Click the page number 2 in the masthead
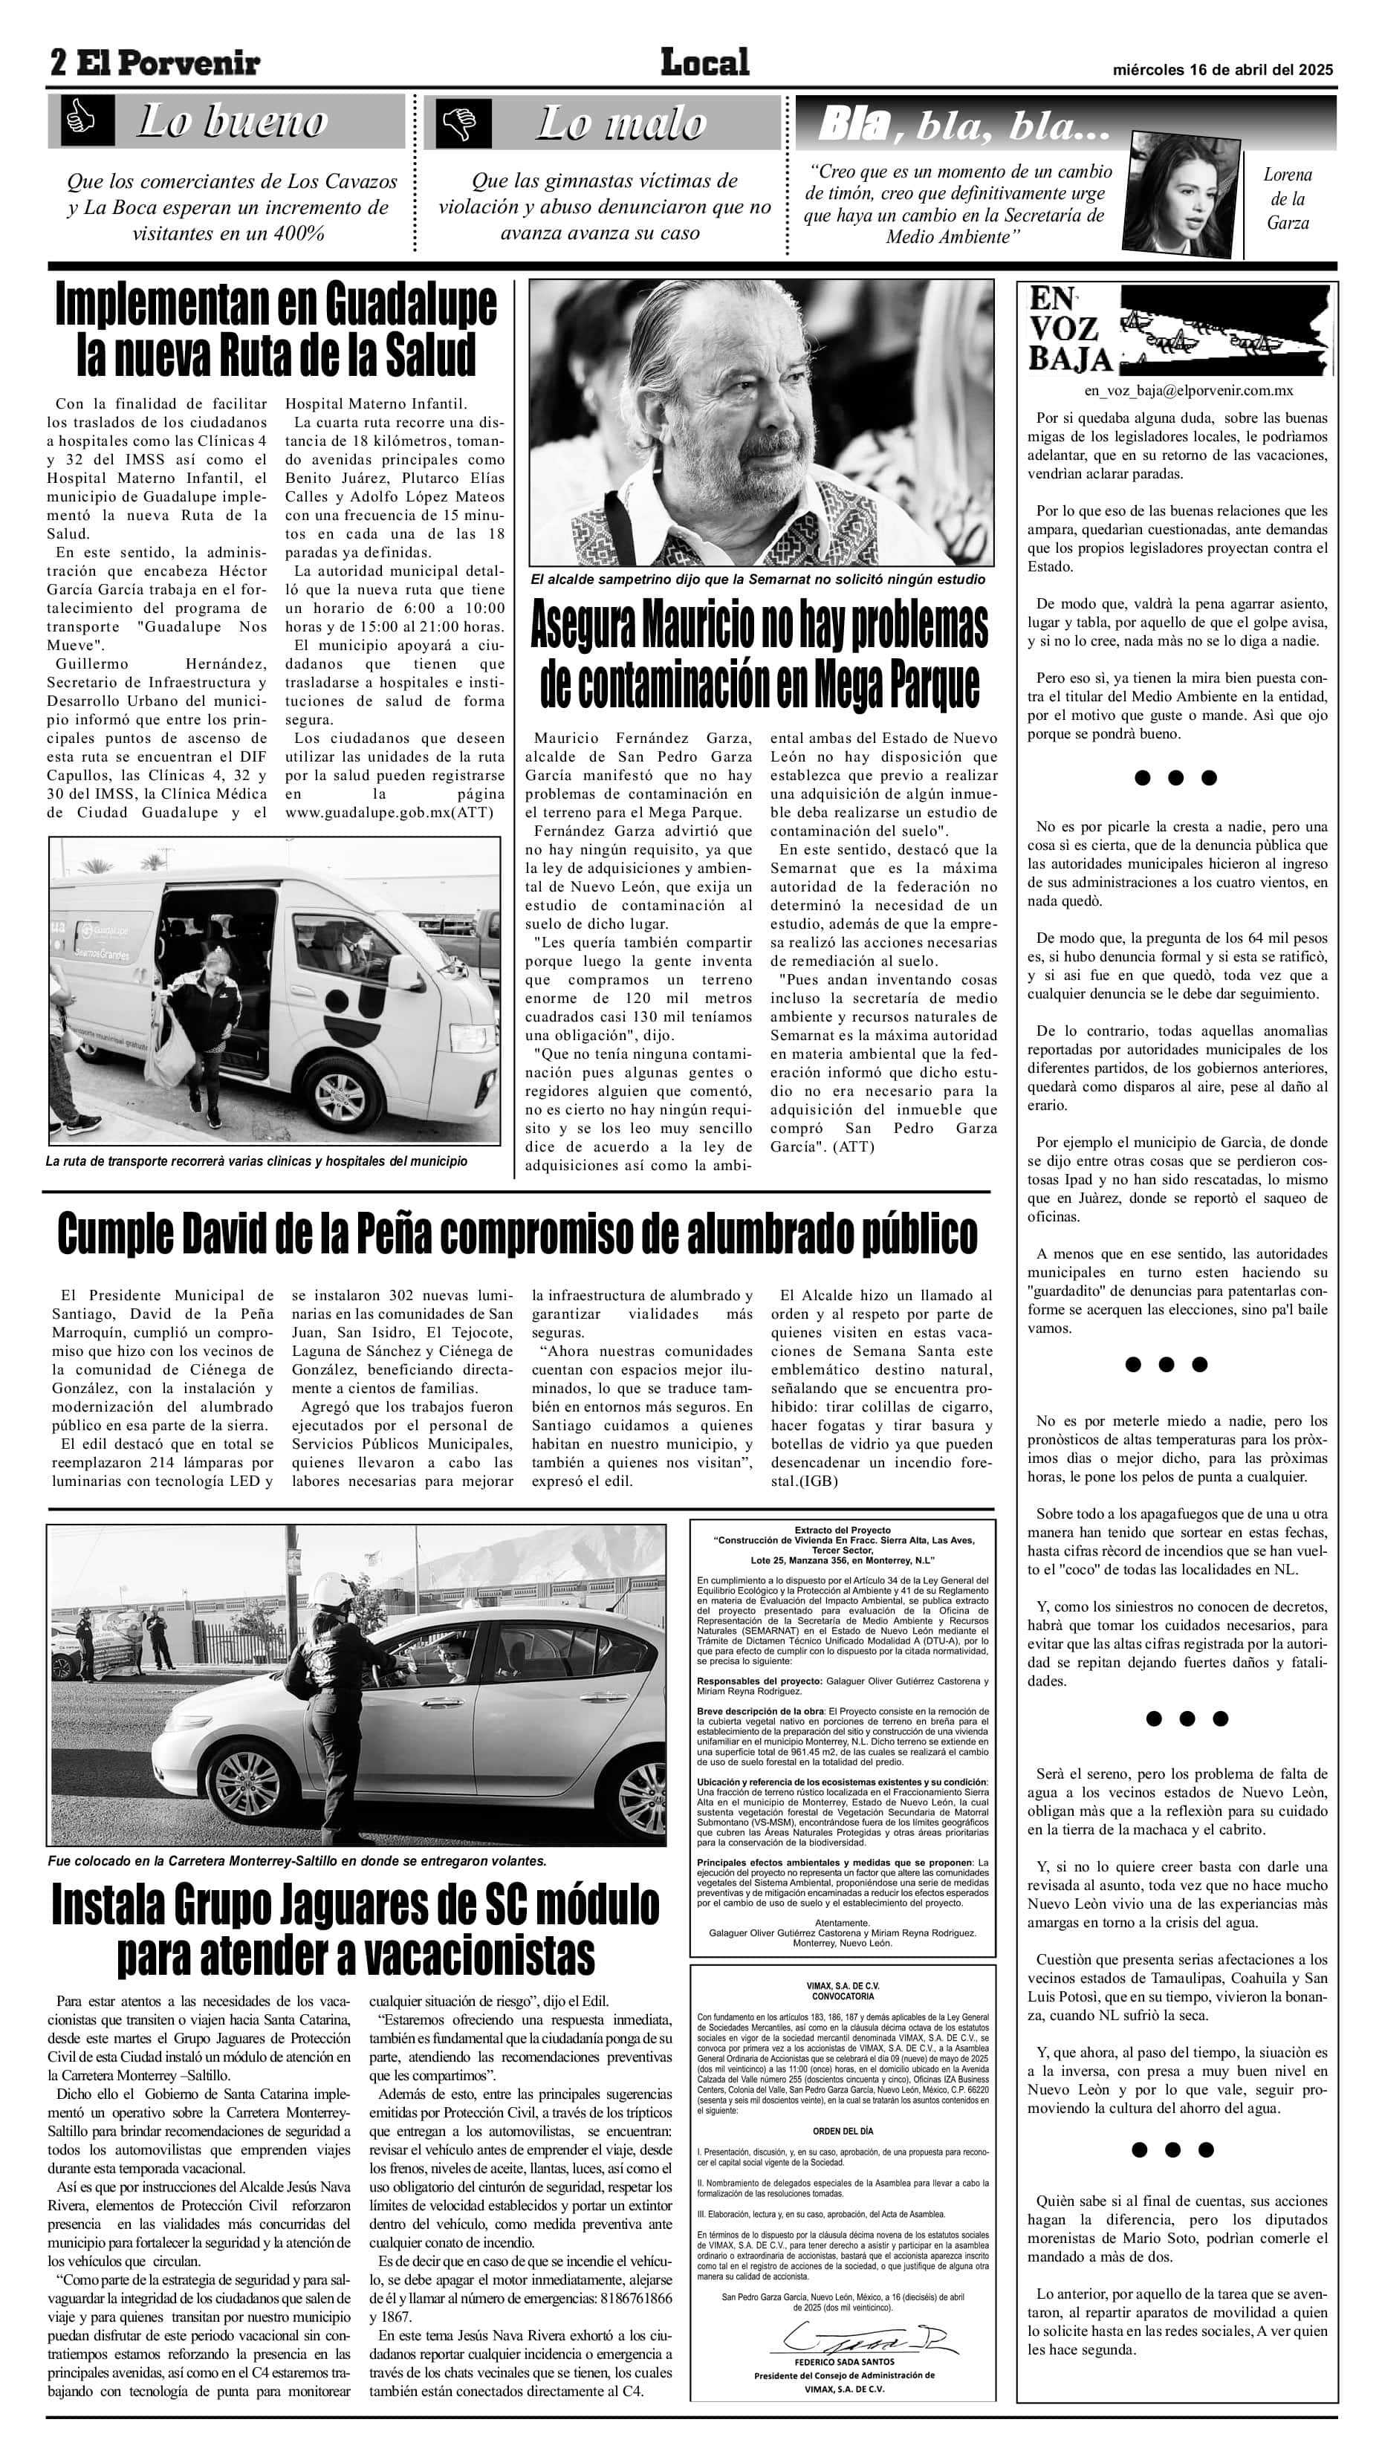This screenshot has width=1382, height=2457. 58,63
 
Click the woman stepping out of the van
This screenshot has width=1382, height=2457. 201,1026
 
